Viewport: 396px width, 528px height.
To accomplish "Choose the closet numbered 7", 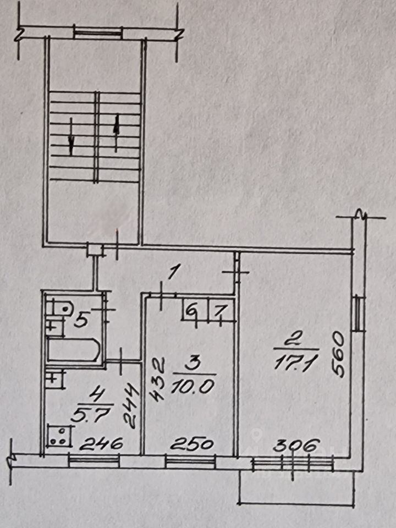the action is [x=219, y=312].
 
